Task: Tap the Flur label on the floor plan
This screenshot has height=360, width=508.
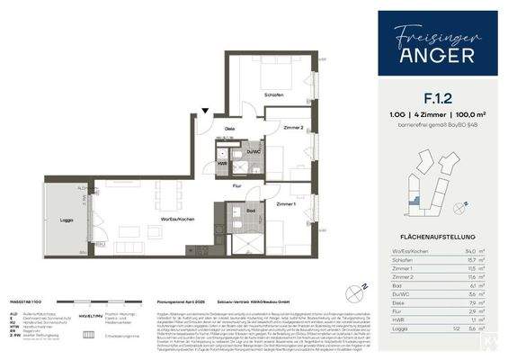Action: (237, 185)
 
